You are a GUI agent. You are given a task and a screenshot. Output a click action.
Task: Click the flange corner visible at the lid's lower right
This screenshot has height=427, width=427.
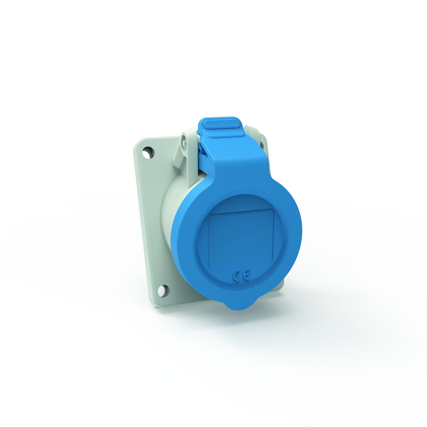click(281, 285)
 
